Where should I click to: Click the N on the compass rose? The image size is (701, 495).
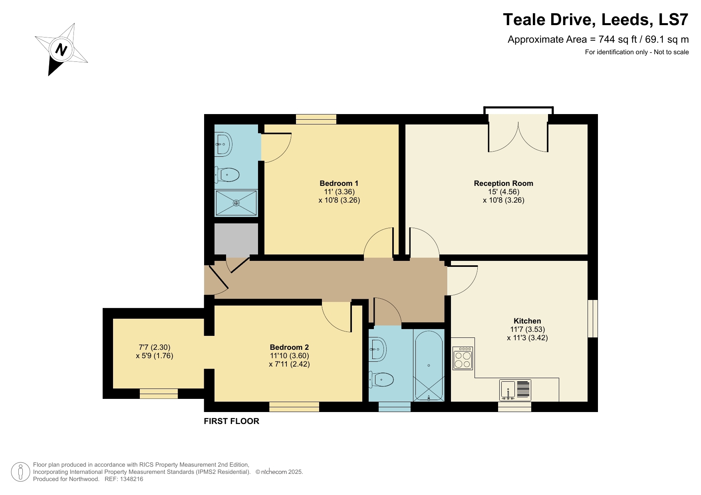pos(61,50)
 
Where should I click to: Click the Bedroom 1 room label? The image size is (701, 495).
pos(339,183)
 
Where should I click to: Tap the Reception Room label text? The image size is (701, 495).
pos(503,183)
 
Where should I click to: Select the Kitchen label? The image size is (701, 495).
pos(527,321)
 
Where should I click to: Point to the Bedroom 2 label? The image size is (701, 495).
pos(289,347)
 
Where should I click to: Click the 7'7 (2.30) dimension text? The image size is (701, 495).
pos(155,347)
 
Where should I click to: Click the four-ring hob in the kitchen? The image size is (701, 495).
pos(463,358)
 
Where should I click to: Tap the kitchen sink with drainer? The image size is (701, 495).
pos(515,390)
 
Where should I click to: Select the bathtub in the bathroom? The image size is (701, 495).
pos(429,365)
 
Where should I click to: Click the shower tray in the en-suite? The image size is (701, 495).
pos(236,203)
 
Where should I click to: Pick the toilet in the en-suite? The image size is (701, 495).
pos(228,175)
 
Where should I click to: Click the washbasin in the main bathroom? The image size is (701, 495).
pos(377,349)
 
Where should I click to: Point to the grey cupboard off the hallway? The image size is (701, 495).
pos(236,239)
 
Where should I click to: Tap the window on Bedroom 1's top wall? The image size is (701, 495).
pos(316,119)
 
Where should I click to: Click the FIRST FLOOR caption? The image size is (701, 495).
pos(231,421)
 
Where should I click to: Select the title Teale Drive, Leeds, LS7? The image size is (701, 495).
pos(595,20)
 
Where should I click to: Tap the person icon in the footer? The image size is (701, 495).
pos(20,472)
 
